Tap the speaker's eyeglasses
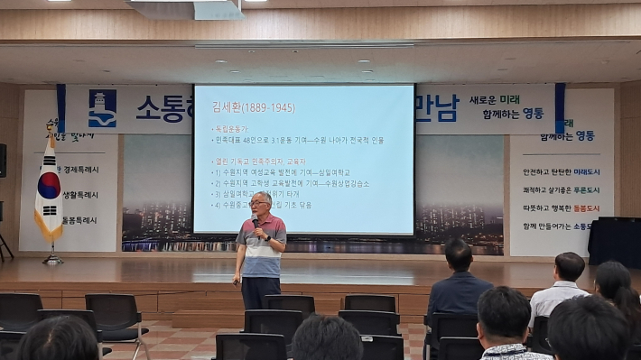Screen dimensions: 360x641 pos(260,204)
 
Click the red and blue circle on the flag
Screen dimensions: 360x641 pos(49,186)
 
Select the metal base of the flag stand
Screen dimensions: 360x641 pos(52,261)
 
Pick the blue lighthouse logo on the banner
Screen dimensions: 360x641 pos(102,108)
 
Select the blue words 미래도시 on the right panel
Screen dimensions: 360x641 pos(587,171)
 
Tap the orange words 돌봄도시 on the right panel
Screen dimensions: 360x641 pos(587,208)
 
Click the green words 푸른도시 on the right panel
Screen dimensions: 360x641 pos(587,189)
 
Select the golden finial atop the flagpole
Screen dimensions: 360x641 pos(51,127)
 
